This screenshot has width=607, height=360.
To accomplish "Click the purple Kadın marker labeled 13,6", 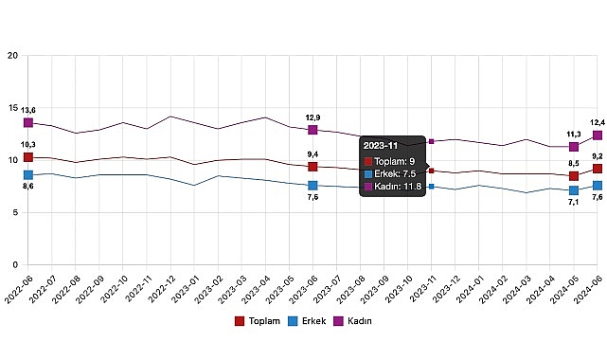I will tap(28, 122).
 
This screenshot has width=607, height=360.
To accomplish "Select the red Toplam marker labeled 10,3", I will tap(28, 157).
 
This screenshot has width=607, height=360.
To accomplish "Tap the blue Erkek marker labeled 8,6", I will tap(28, 174).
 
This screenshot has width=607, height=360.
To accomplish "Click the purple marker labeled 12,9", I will tap(312, 130).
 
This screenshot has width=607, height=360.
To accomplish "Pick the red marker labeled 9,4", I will tap(312, 167).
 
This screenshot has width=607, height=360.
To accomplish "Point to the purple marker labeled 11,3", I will tap(574, 147).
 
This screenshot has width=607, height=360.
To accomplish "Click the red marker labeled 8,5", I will tap(574, 176).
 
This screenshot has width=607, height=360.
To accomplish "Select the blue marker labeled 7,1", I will tap(574, 190).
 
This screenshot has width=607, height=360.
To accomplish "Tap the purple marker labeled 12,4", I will tap(598, 135).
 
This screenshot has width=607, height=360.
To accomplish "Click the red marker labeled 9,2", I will tap(598, 169).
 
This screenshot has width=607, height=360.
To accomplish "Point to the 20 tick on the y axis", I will tap(12, 56).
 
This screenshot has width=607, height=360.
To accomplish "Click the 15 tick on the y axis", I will tap(12, 108).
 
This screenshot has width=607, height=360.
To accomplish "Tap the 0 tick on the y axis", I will tap(15, 265).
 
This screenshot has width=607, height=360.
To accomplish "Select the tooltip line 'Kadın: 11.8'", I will tap(396, 187).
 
